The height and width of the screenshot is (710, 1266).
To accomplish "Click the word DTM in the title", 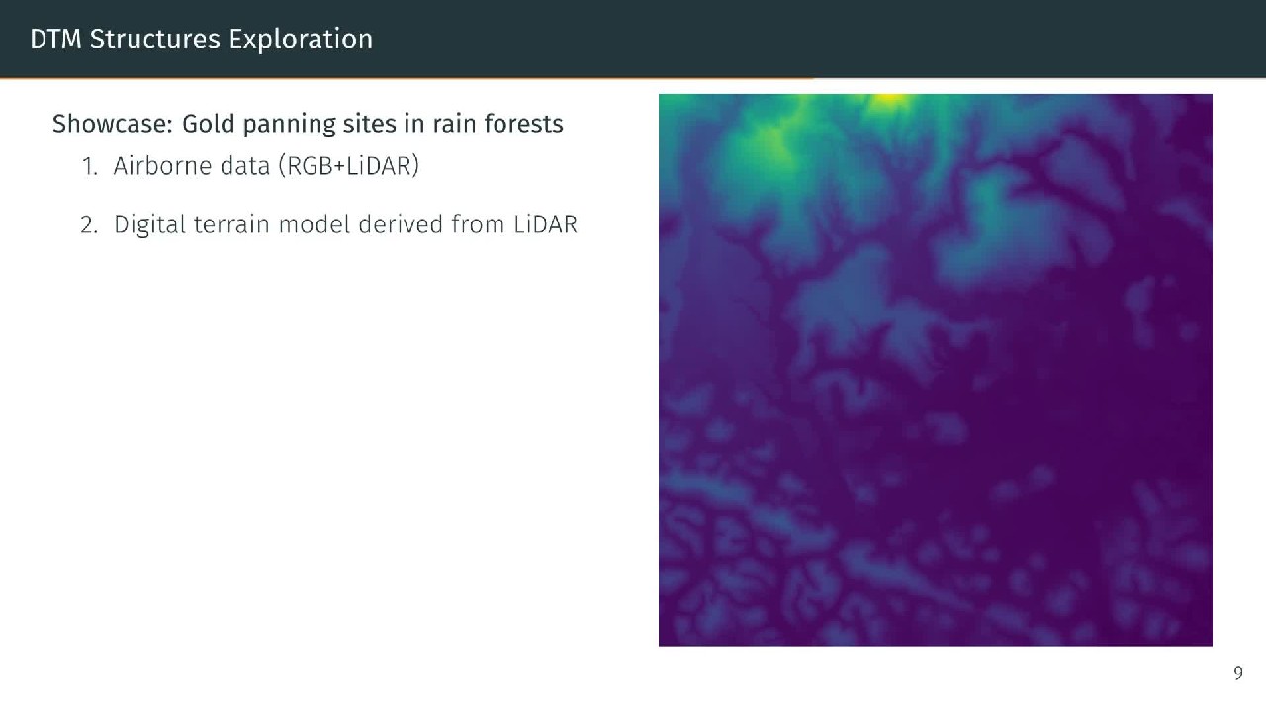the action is tap(55, 39).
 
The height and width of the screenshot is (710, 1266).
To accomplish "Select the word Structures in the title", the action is tap(155, 39).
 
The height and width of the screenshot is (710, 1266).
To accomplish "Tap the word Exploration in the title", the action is tap(301, 40).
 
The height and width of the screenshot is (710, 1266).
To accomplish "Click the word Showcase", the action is tap(112, 124).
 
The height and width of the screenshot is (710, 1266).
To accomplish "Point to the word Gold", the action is tap(208, 124).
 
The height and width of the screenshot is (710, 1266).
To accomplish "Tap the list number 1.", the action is tap(90, 166).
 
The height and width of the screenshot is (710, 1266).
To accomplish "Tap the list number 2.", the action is tap(89, 224).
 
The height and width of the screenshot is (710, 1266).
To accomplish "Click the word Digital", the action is tap(149, 225).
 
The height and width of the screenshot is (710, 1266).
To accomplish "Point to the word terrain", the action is tap(231, 224).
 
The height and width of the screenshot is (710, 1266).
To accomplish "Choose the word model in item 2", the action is tap(315, 223).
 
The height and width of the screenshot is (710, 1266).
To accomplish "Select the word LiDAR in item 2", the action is tap(545, 224).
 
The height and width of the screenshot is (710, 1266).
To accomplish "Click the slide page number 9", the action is tap(1237, 673).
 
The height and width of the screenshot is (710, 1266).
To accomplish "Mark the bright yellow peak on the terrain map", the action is tap(889, 99).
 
